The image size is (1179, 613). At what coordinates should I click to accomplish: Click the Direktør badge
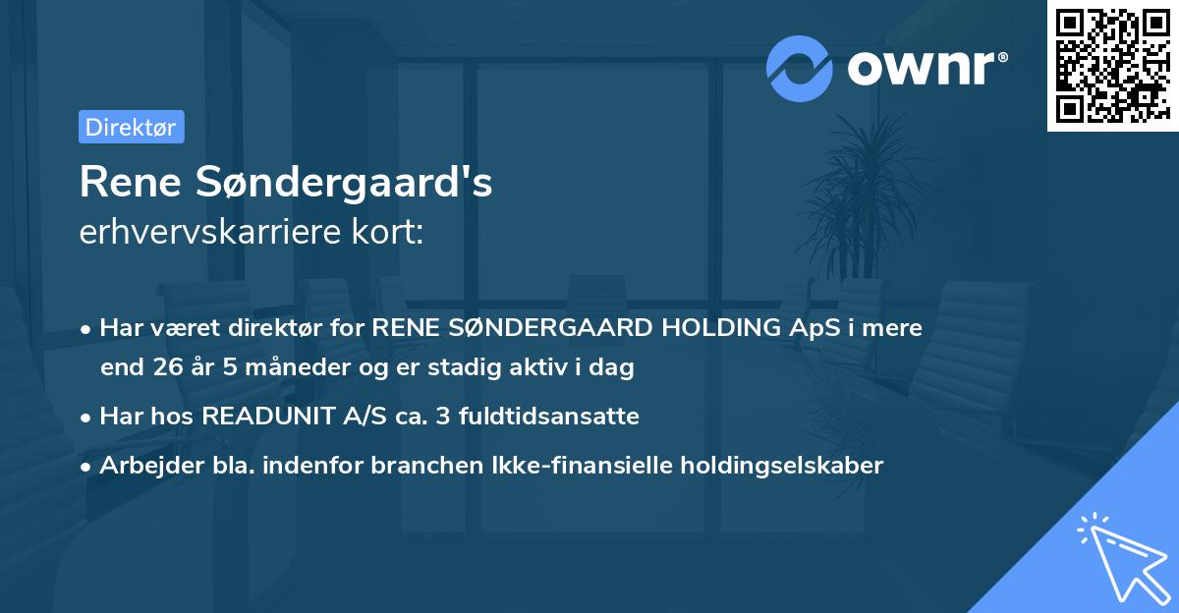click(131, 127)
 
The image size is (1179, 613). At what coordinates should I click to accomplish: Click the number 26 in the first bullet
click(161, 368)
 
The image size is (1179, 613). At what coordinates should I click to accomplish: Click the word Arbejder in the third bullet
click(143, 466)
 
